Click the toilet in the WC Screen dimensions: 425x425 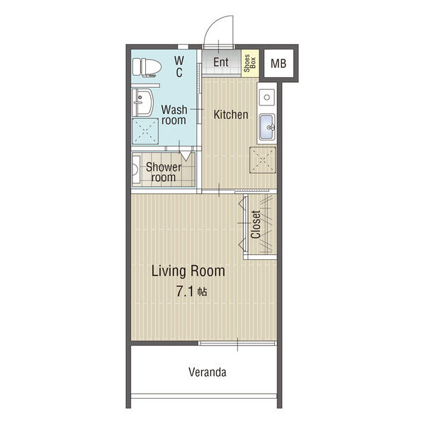[x=147, y=67]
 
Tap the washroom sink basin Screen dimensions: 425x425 [x=143, y=103]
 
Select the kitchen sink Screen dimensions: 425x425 [x=267, y=127]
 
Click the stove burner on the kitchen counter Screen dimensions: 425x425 [x=267, y=97]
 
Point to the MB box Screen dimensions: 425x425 [x=278, y=64]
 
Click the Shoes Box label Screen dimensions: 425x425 [x=250, y=63]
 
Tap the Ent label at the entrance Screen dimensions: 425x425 [x=220, y=62]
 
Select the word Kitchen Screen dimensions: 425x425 [x=231, y=115]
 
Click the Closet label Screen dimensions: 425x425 [x=255, y=225]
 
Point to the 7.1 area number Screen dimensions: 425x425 [x=185, y=292]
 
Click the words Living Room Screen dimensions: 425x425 [x=188, y=271]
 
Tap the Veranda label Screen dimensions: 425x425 [x=208, y=372]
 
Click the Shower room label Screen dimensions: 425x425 [x=164, y=172]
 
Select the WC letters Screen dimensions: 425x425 [x=179, y=67]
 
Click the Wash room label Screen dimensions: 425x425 [x=174, y=115]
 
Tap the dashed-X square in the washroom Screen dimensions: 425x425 [x=145, y=131]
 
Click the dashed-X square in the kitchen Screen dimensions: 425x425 [x=263, y=160]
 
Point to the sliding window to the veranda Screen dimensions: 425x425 [x=237, y=343]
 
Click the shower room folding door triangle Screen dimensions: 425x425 [x=186, y=157]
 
